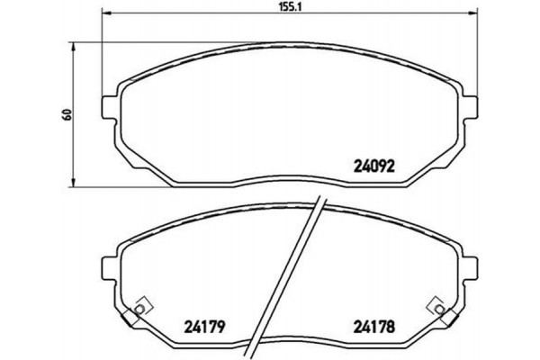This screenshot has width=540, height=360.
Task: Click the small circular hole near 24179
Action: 139,311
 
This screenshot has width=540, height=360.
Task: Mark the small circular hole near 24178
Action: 439,311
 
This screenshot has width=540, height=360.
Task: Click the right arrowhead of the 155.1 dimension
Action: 472,15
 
